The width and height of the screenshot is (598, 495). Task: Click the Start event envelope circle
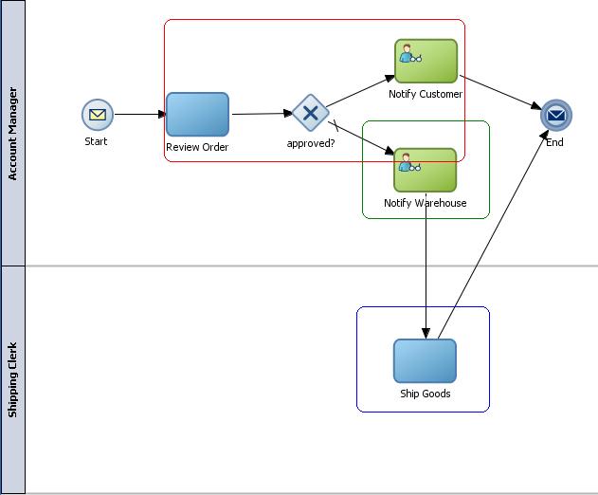click(98, 116)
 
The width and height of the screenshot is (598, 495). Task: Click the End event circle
click(556, 116)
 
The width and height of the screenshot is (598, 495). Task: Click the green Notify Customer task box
click(426, 61)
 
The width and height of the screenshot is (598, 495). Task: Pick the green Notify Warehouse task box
click(426, 170)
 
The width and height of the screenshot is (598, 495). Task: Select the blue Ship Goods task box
click(425, 360)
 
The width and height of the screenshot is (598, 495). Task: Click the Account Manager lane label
click(12, 134)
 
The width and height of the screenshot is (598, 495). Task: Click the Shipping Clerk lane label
click(12, 379)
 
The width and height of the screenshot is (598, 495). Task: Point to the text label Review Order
click(197, 147)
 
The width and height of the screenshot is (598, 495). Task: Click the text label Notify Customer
click(426, 94)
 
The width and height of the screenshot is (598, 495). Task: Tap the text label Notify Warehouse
click(426, 203)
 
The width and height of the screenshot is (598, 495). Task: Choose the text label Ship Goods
click(425, 394)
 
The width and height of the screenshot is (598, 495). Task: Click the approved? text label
click(311, 144)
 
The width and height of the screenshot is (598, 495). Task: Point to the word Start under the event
click(96, 141)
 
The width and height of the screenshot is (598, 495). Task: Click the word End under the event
click(554, 142)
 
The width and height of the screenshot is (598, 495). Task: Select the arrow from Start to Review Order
click(139, 115)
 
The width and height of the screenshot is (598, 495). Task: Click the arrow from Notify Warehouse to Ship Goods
click(426, 275)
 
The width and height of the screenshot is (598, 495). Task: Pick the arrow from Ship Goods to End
click(493, 237)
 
